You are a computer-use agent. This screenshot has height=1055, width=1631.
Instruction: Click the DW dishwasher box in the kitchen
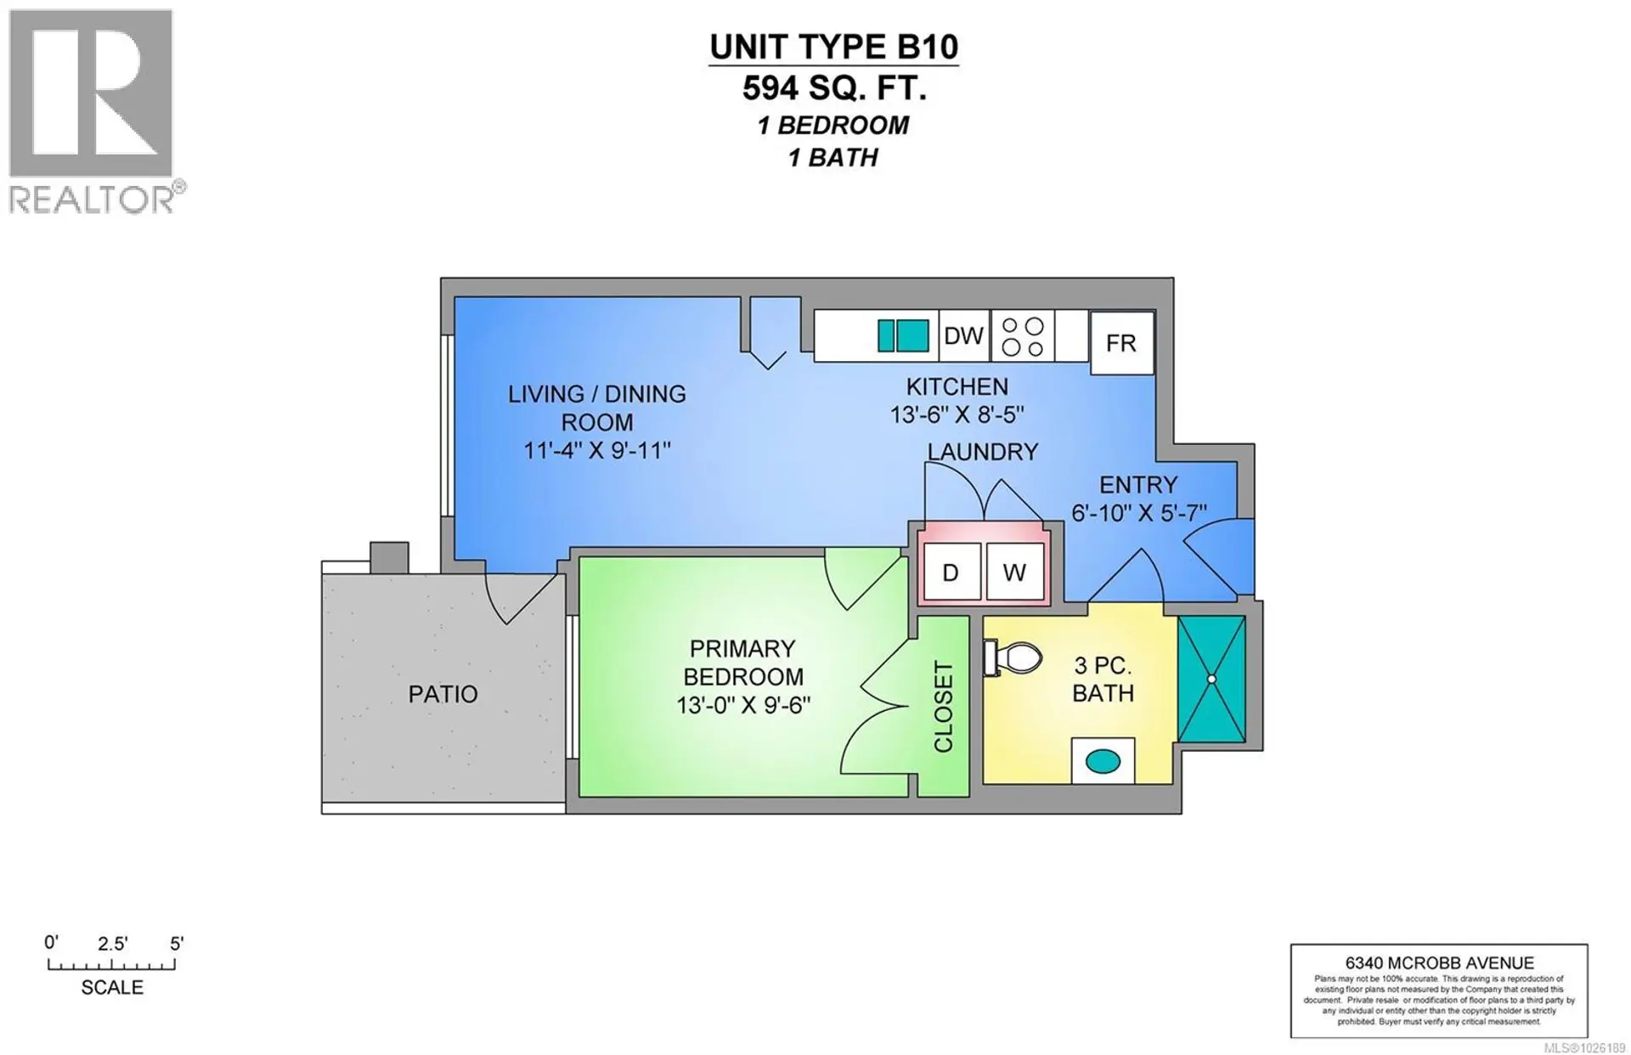(963, 336)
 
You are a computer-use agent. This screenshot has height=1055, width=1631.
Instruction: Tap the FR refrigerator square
(1121, 343)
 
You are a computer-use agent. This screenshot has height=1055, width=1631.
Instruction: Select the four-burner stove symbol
(1022, 336)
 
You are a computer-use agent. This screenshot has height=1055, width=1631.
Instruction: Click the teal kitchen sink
(902, 336)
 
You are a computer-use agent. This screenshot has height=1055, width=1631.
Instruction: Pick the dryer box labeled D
(951, 573)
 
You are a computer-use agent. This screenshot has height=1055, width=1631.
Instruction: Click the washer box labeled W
(1014, 573)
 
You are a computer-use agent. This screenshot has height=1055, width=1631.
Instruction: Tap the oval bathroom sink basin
(1103, 761)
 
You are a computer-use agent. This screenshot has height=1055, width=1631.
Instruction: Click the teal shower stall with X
(1211, 679)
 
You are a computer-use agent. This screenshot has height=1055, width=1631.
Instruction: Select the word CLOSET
(944, 707)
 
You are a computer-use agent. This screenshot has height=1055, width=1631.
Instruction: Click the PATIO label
(443, 695)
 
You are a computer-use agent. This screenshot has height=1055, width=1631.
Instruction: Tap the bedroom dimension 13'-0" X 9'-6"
(743, 706)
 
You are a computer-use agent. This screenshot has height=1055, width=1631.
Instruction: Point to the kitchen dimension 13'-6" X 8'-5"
(957, 415)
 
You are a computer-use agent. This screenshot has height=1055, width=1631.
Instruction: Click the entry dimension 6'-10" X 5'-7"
(1138, 513)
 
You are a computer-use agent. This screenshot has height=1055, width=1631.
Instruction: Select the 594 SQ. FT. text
(833, 88)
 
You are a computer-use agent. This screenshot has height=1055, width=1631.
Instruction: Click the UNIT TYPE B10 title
(833, 48)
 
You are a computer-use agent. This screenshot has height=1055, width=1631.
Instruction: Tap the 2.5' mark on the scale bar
(112, 945)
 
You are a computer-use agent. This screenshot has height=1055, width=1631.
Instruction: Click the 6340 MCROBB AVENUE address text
(1439, 963)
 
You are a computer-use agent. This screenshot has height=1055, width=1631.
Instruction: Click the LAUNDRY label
(982, 452)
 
